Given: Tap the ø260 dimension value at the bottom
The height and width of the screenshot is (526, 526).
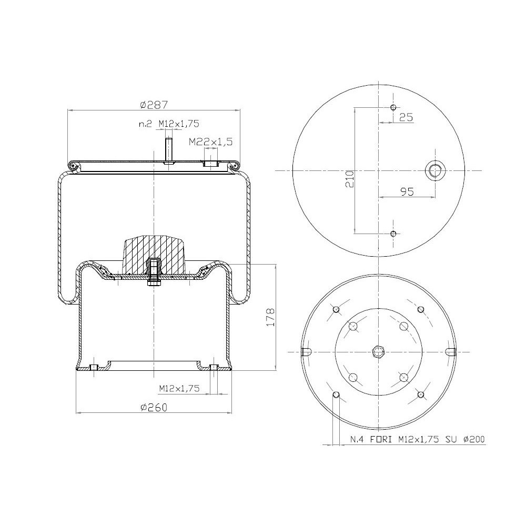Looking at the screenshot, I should tap(153, 407).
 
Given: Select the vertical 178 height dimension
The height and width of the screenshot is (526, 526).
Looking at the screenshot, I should tap(270, 318).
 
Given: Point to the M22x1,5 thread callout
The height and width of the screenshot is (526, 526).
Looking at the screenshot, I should tap(210, 141).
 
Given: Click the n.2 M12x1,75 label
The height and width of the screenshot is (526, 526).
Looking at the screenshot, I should tap(168, 124).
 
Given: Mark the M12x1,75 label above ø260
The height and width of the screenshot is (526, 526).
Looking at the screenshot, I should tap(179, 388).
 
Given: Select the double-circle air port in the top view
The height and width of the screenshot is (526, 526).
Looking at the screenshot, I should tap(435, 171).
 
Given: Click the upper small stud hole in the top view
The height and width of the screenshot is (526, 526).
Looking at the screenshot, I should tap(393, 108).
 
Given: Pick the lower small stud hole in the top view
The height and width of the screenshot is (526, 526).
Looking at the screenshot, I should tap(393, 233).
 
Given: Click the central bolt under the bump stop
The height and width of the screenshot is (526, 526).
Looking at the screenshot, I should tap(153, 272).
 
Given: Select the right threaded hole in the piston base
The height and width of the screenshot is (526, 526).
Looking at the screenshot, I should tap(214, 367).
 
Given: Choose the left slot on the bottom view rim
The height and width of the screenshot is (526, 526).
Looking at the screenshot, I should tap(307, 351).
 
